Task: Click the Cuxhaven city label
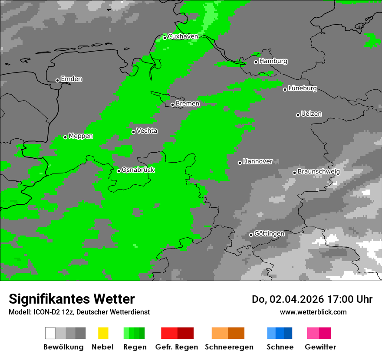click(x=183, y=36)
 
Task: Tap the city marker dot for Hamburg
click(x=256, y=62)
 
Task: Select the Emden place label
click(x=71, y=79)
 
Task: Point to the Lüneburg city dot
click(x=285, y=89)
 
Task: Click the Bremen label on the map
click(x=188, y=104)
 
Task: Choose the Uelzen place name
click(x=311, y=114)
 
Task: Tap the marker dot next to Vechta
click(x=133, y=132)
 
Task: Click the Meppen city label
click(x=81, y=136)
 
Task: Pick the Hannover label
click(x=258, y=161)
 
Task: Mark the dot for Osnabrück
click(x=119, y=171)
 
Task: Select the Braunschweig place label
click(x=319, y=171)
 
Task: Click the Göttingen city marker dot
click(x=251, y=235)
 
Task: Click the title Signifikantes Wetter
click(x=72, y=299)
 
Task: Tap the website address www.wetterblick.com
click(x=313, y=312)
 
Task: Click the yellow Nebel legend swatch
click(x=103, y=333)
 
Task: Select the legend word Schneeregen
click(x=229, y=347)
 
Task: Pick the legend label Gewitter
click(x=320, y=347)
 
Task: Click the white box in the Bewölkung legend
click(x=50, y=333)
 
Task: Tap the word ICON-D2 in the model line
click(x=45, y=312)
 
